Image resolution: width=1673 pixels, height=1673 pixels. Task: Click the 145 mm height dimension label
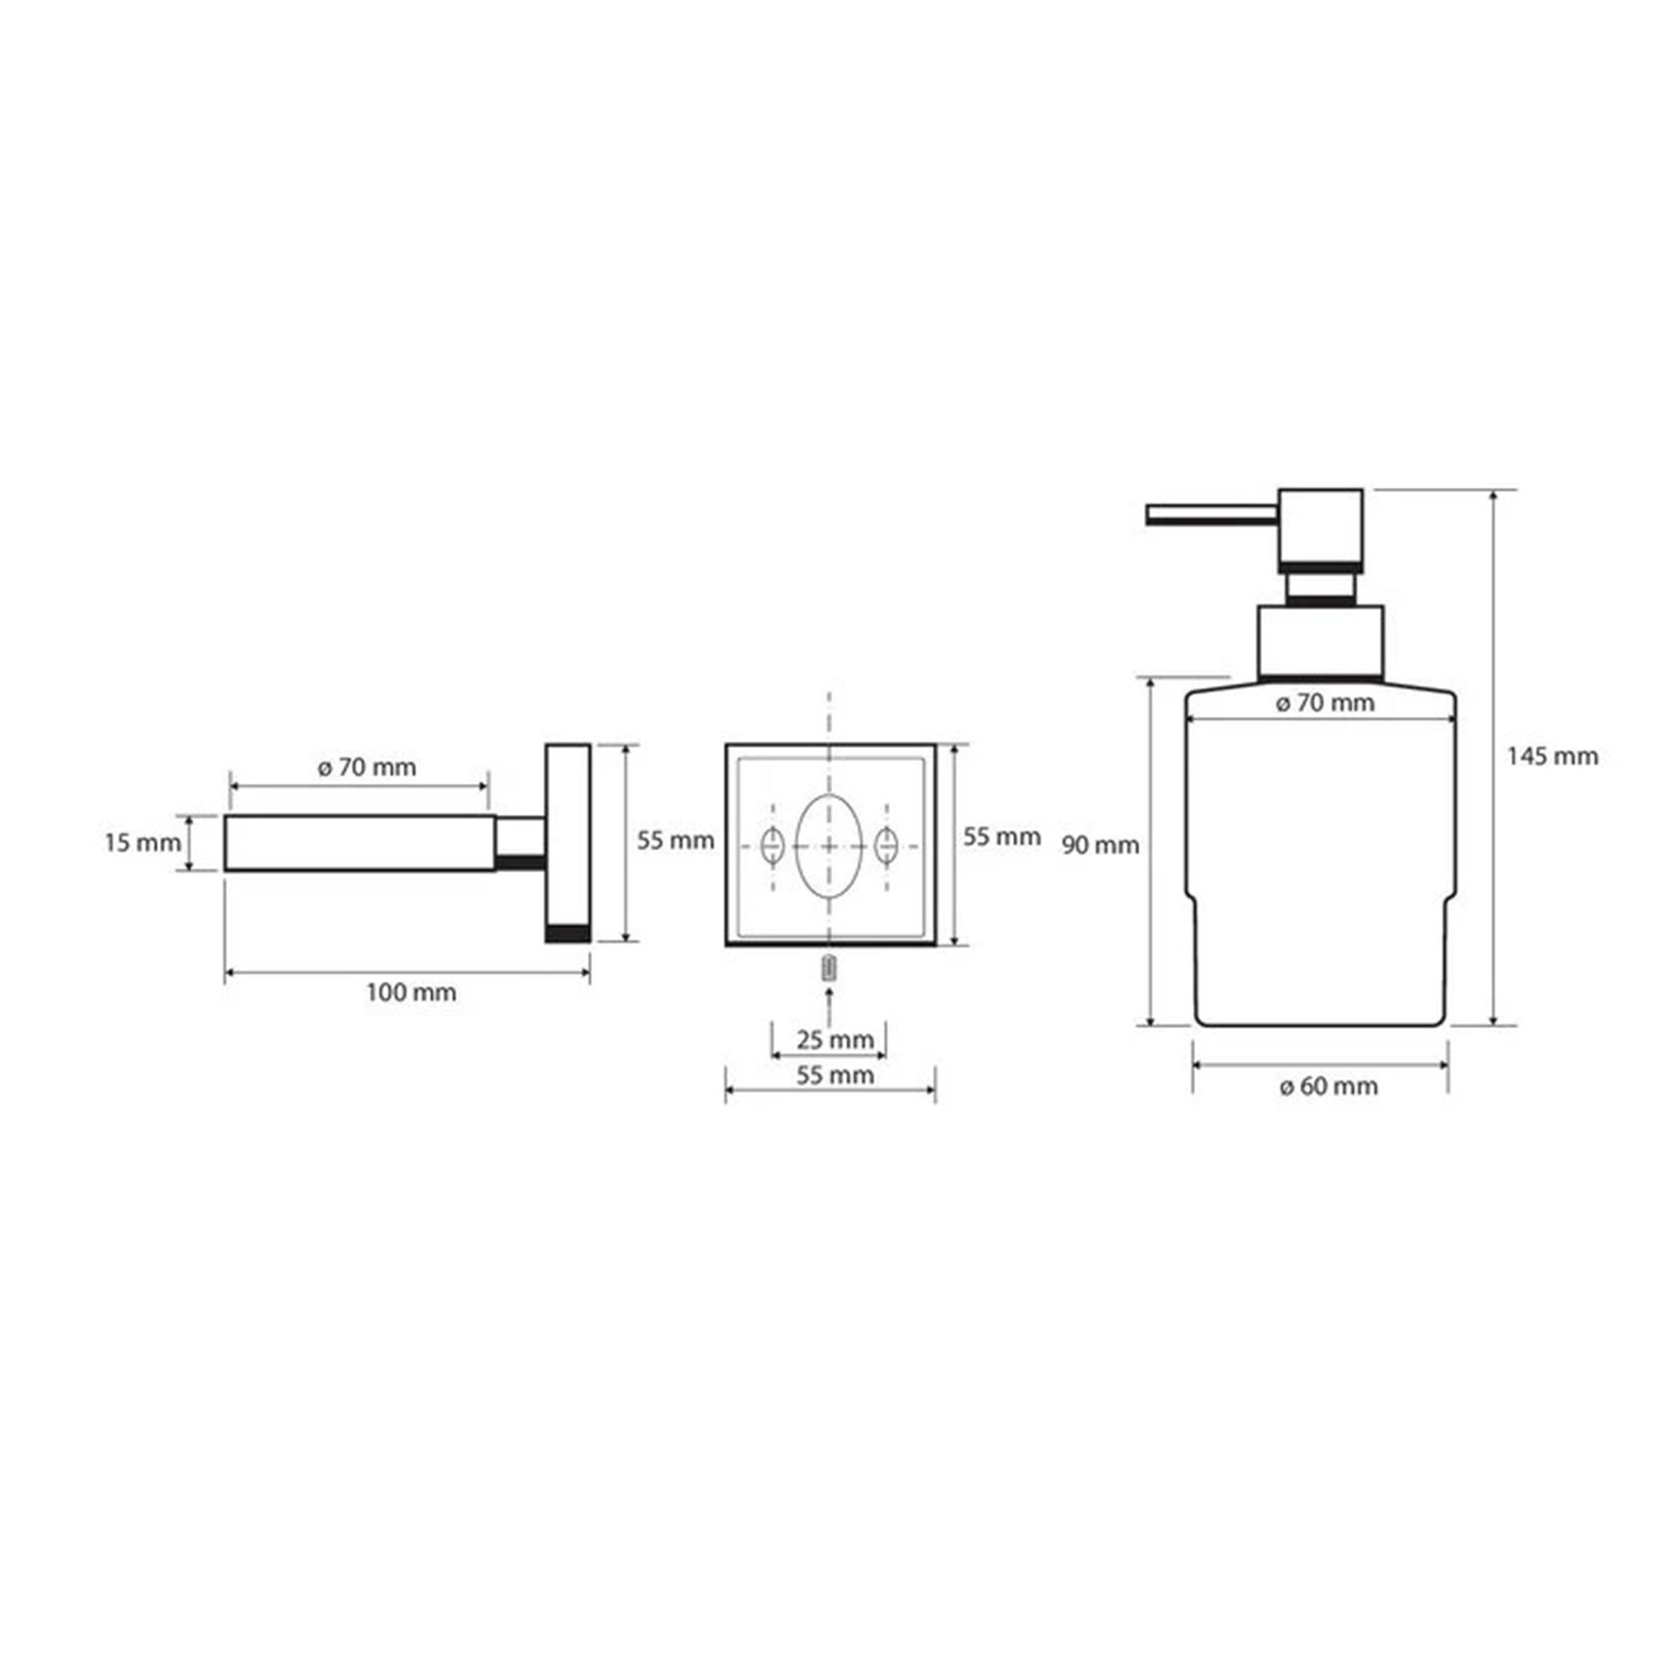[x=1552, y=756]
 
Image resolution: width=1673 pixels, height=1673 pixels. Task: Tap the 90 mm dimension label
[x=1101, y=844]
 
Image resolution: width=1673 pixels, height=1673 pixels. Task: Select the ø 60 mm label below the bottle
[x=1328, y=1086]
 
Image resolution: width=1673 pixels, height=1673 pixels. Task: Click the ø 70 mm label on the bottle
[x=1325, y=703]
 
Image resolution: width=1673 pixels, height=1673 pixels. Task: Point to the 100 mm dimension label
[x=411, y=991]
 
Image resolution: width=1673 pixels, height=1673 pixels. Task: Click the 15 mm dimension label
[x=143, y=842]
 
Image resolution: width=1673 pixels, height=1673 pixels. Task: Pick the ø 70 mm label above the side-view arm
[x=367, y=767]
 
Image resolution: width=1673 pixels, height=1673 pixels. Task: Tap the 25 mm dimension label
[x=835, y=1039]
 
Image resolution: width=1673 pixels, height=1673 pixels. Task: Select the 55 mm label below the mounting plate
[x=835, y=1076]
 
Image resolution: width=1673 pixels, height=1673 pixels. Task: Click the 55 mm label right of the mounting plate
[x=1002, y=836]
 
